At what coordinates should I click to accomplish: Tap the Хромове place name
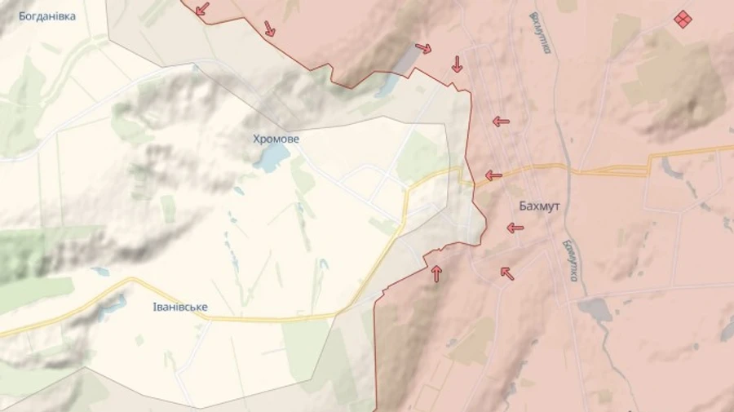click(x=276, y=140)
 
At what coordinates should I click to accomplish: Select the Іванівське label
click(x=180, y=307)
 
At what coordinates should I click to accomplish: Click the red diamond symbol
click(x=683, y=19)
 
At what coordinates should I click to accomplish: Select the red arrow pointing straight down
click(x=458, y=64)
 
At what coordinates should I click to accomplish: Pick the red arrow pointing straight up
click(x=436, y=273)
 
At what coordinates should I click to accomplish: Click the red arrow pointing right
click(x=423, y=48)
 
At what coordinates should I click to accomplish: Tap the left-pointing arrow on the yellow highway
click(x=493, y=175)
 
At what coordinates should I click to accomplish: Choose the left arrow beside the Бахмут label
click(x=515, y=228)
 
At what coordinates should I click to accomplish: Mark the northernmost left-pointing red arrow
click(x=501, y=122)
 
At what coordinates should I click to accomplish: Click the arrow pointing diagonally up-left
click(x=507, y=273)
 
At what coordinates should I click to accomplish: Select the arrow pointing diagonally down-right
click(x=269, y=29)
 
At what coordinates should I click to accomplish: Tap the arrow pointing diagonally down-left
click(x=201, y=9)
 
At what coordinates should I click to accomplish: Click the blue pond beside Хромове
click(x=272, y=157)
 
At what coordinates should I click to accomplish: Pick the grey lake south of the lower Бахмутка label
click(x=596, y=310)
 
